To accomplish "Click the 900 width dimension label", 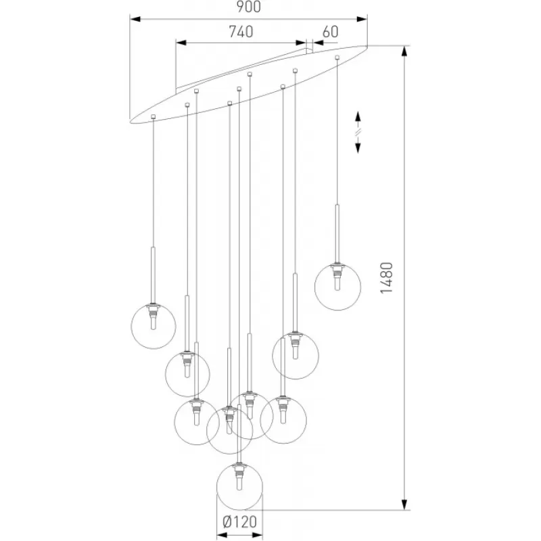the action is click(x=248, y=7).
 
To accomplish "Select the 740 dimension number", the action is click(x=241, y=32).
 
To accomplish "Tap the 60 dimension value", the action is click(x=330, y=32).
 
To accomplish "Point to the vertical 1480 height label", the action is click(x=386, y=278).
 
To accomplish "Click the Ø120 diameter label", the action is click(x=240, y=521).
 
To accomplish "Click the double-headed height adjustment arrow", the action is click(x=358, y=132).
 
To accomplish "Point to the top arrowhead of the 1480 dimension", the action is click(x=405, y=51).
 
